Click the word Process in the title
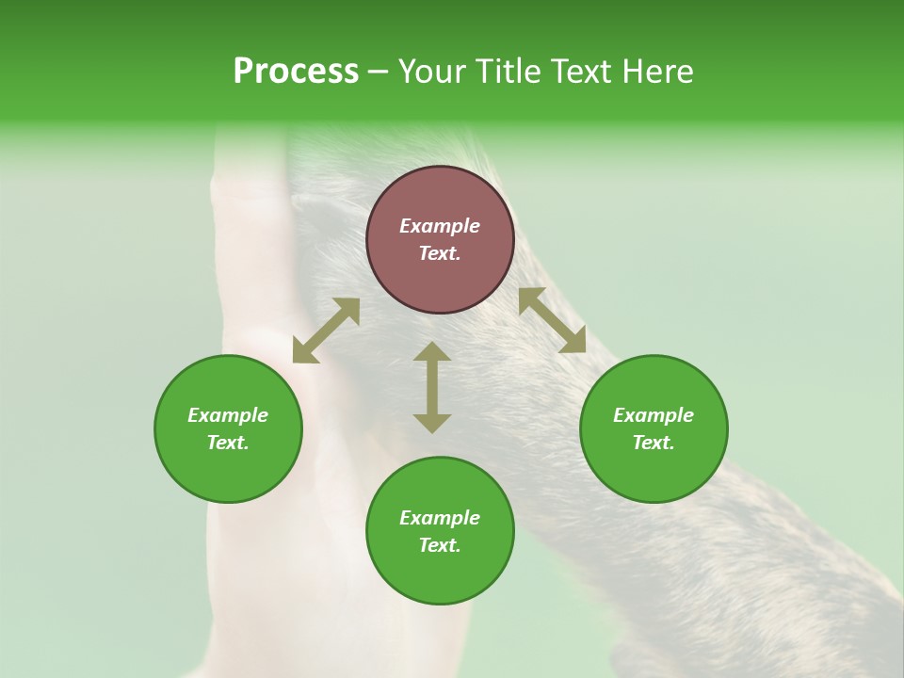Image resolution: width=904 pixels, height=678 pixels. tap(296, 72)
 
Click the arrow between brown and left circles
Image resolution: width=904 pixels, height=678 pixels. tap(326, 331)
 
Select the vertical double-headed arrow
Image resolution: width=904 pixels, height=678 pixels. tap(432, 387)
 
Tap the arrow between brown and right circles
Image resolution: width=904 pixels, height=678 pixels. tap(552, 320)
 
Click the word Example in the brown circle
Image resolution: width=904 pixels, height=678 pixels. tap(440, 226)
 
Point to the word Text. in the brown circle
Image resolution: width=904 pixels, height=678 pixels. tap(440, 253)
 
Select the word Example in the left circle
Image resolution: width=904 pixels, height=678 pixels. tap(228, 415)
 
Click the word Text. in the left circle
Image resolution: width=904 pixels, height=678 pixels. tap(228, 443)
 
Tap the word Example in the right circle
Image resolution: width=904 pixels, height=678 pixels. tap(654, 415)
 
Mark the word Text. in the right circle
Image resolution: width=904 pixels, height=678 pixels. tap(654, 443)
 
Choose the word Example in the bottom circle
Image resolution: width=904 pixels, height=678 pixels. tap(440, 518)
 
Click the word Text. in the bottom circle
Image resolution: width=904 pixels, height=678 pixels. tap(440, 545)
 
